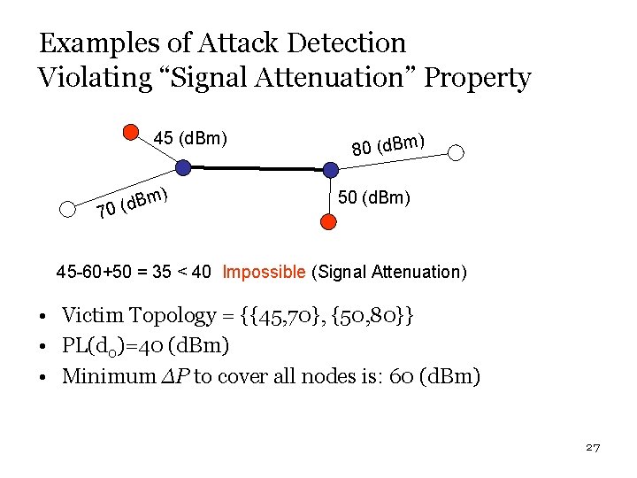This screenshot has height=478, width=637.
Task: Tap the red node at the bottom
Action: point(328,222)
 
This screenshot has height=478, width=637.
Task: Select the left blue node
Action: point(182,166)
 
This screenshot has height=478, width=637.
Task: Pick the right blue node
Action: point(329,168)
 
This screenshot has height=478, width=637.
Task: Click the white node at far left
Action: point(67,210)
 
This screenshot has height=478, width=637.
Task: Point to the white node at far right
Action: point(456,152)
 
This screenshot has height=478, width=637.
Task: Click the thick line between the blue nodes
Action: point(256,167)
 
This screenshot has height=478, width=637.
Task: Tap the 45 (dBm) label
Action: point(191,138)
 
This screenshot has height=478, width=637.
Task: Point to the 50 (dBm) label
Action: point(373,197)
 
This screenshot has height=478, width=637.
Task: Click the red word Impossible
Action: point(263,272)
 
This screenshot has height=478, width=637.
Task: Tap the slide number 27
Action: point(593,448)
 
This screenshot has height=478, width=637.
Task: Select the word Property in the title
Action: point(478,78)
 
